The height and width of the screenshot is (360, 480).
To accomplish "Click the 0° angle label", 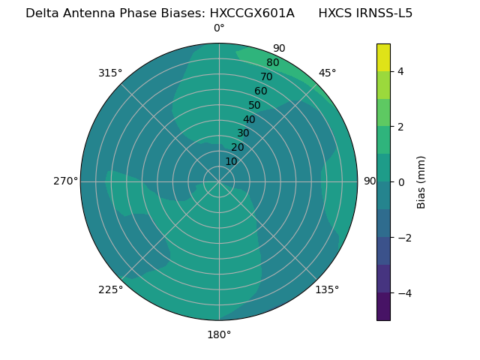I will (x=219, y=28).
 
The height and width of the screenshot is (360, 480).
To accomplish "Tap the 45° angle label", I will (x=327, y=73).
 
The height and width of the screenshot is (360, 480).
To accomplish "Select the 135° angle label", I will (x=327, y=290).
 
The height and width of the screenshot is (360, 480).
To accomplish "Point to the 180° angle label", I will (x=219, y=334).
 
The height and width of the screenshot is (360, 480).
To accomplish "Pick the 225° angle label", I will (x=110, y=290).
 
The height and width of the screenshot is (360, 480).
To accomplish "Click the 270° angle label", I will (x=65, y=181).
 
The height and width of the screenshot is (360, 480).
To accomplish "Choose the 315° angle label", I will (x=110, y=73).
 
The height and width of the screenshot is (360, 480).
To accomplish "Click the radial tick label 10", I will (x=231, y=161).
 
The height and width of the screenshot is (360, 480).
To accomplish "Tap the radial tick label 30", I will (x=243, y=133).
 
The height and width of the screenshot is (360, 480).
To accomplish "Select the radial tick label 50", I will (x=254, y=105).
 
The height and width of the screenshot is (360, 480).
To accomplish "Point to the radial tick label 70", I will (x=266, y=76).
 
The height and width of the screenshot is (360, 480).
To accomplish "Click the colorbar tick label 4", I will (x=401, y=71).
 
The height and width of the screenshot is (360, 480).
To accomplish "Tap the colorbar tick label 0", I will (x=401, y=182).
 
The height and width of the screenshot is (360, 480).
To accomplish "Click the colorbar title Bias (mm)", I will (x=421, y=182).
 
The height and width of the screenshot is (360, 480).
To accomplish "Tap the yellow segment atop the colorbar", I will (x=383, y=57).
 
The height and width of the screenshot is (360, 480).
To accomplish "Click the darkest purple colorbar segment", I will (x=383, y=307).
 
